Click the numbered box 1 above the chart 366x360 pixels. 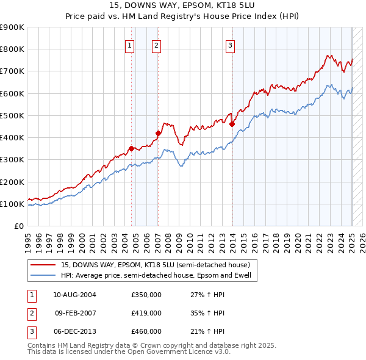(x=130, y=45)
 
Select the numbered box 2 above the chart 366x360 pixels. (x=157, y=45)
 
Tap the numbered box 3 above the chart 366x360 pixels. (x=231, y=45)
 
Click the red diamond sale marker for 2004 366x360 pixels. (x=131, y=148)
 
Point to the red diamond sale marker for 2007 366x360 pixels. (x=158, y=133)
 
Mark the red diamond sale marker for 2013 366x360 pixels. (x=232, y=124)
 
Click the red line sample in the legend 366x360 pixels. (x=43, y=265)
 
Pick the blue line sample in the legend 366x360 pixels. (x=43, y=275)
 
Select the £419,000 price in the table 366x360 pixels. (x=146, y=313)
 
